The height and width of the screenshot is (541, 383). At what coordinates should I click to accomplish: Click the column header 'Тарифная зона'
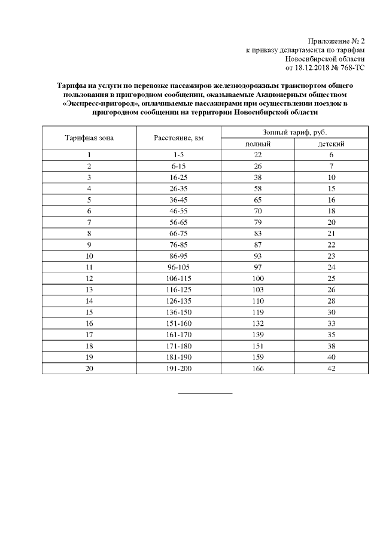click(89, 137)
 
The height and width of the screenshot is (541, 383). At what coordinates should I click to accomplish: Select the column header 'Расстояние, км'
click(178, 137)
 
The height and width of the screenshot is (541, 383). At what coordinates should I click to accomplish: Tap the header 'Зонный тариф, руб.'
click(294, 132)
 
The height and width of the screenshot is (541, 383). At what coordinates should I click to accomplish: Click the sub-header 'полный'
click(259, 143)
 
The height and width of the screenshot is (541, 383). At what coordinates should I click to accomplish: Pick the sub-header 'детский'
click(331, 143)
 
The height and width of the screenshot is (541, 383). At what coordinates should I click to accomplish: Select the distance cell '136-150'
click(178, 311)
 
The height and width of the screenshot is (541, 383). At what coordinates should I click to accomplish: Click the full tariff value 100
click(259, 278)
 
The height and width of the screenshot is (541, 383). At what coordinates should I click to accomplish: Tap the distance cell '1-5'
click(178, 155)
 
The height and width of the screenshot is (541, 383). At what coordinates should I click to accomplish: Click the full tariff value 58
click(259, 188)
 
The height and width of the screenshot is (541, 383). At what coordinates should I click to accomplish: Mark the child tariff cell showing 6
click(331, 155)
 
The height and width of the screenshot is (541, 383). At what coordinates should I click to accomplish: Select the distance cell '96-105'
click(178, 267)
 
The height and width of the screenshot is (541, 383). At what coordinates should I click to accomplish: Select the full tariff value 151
click(259, 346)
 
